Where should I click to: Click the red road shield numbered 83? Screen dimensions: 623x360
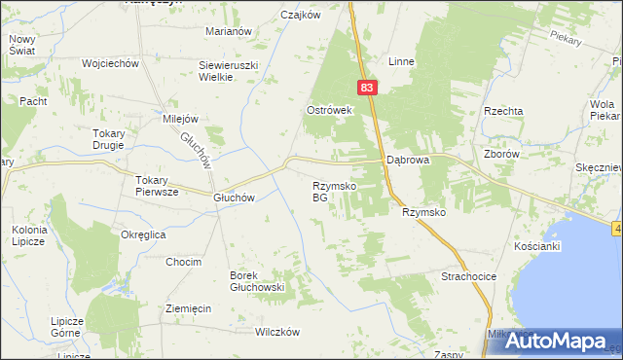366,88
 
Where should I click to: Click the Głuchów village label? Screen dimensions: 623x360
234,197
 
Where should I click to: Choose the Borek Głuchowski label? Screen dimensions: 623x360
256,281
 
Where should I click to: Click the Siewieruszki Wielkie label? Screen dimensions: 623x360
229,70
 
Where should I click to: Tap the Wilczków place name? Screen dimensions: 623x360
275,332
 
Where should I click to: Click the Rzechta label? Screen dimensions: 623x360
503,111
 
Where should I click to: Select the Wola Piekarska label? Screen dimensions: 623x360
604,110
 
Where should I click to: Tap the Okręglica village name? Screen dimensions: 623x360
143,234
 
